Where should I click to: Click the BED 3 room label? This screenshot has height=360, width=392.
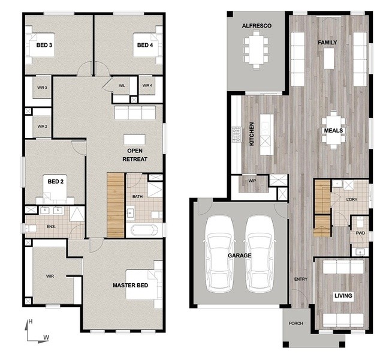click(x=44, y=45)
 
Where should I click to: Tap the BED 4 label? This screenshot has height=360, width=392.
click(x=145, y=45)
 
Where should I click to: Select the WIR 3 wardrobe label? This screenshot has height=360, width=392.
click(x=42, y=88)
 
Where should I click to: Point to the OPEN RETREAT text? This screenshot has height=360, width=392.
click(x=135, y=155)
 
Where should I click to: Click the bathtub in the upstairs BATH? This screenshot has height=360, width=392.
click(x=144, y=230)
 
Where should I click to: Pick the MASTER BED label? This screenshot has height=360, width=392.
click(x=130, y=286)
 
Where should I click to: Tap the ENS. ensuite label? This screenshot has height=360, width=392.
click(x=51, y=227)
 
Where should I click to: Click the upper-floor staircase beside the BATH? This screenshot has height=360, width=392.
click(x=116, y=205)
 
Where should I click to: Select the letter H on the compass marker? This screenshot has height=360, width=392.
click(x=31, y=322)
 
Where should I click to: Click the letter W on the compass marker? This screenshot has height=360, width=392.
click(x=46, y=337)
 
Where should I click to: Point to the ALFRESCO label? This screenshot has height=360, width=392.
click(x=257, y=26)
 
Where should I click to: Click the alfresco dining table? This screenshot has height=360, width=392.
click(x=257, y=49)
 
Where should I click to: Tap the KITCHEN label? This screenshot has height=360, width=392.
click(x=252, y=134)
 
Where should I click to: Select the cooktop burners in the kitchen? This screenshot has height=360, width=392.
click(x=236, y=134)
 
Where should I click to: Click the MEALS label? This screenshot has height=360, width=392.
click(x=333, y=131)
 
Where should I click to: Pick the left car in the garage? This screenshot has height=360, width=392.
click(x=219, y=253)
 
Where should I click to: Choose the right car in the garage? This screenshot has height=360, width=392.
click(x=260, y=253)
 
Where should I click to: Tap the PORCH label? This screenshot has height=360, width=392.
click(x=295, y=323)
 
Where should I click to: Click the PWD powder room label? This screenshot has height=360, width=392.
click(x=360, y=233)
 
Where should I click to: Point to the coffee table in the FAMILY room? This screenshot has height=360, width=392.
click(x=329, y=58)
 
